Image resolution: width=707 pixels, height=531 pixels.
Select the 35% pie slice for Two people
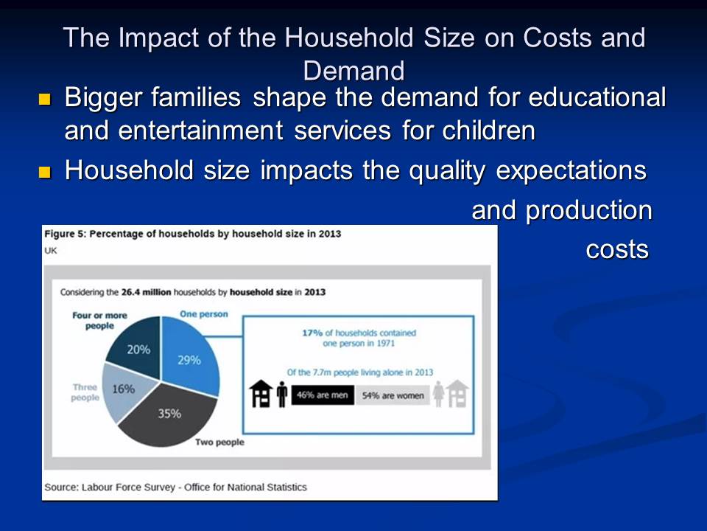[x=169, y=415]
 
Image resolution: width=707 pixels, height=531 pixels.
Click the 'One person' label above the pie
[x=204, y=314]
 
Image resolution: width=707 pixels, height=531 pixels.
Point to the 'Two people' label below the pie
[x=219, y=442]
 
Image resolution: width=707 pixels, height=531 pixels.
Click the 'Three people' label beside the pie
[x=85, y=392]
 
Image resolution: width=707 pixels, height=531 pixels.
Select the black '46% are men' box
[x=323, y=395]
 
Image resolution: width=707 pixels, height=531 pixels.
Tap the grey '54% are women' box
[x=393, y=395]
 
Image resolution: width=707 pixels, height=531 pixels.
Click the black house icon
[x=261, y=394]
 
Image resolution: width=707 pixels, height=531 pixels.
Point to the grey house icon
[x=457, y=394]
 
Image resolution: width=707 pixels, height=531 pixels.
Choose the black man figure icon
[x=282, y=394]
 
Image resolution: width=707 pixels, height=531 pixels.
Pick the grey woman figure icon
[x=438, y=394]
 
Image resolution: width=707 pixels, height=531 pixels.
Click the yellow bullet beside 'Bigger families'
[x=45, y=99]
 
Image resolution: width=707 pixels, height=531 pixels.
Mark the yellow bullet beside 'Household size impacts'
[x=45, y=172]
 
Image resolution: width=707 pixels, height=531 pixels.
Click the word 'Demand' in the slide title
[x=354, y=71]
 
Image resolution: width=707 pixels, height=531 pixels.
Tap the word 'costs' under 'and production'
[x=617, y=250]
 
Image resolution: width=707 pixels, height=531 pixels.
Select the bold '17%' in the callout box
[x=312, y=333]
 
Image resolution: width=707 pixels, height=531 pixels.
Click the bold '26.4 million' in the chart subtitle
[x=146, y=292]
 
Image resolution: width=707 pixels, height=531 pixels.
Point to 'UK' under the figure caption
[x=51, y=251]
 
